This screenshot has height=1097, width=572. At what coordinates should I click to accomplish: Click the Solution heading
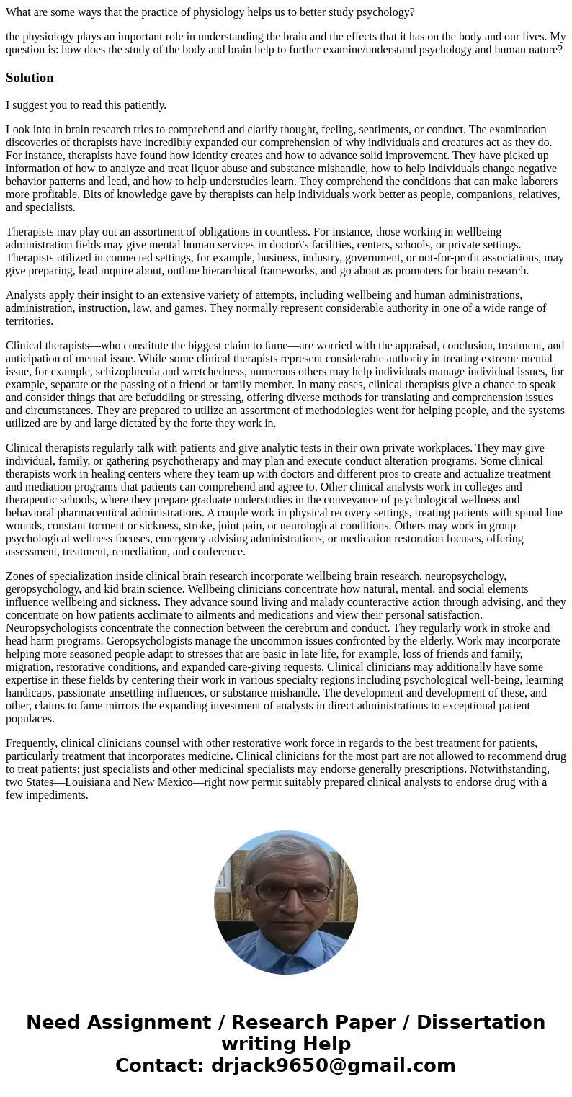tap(30, 78)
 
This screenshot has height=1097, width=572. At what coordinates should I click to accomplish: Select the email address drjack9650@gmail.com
tap(334, 1065)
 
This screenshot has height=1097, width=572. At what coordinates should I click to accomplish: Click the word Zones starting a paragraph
tap(22, 576)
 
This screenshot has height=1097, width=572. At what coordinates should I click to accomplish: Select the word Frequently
tap(32, 743)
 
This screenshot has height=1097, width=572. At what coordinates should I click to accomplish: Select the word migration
tap(30, 667)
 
